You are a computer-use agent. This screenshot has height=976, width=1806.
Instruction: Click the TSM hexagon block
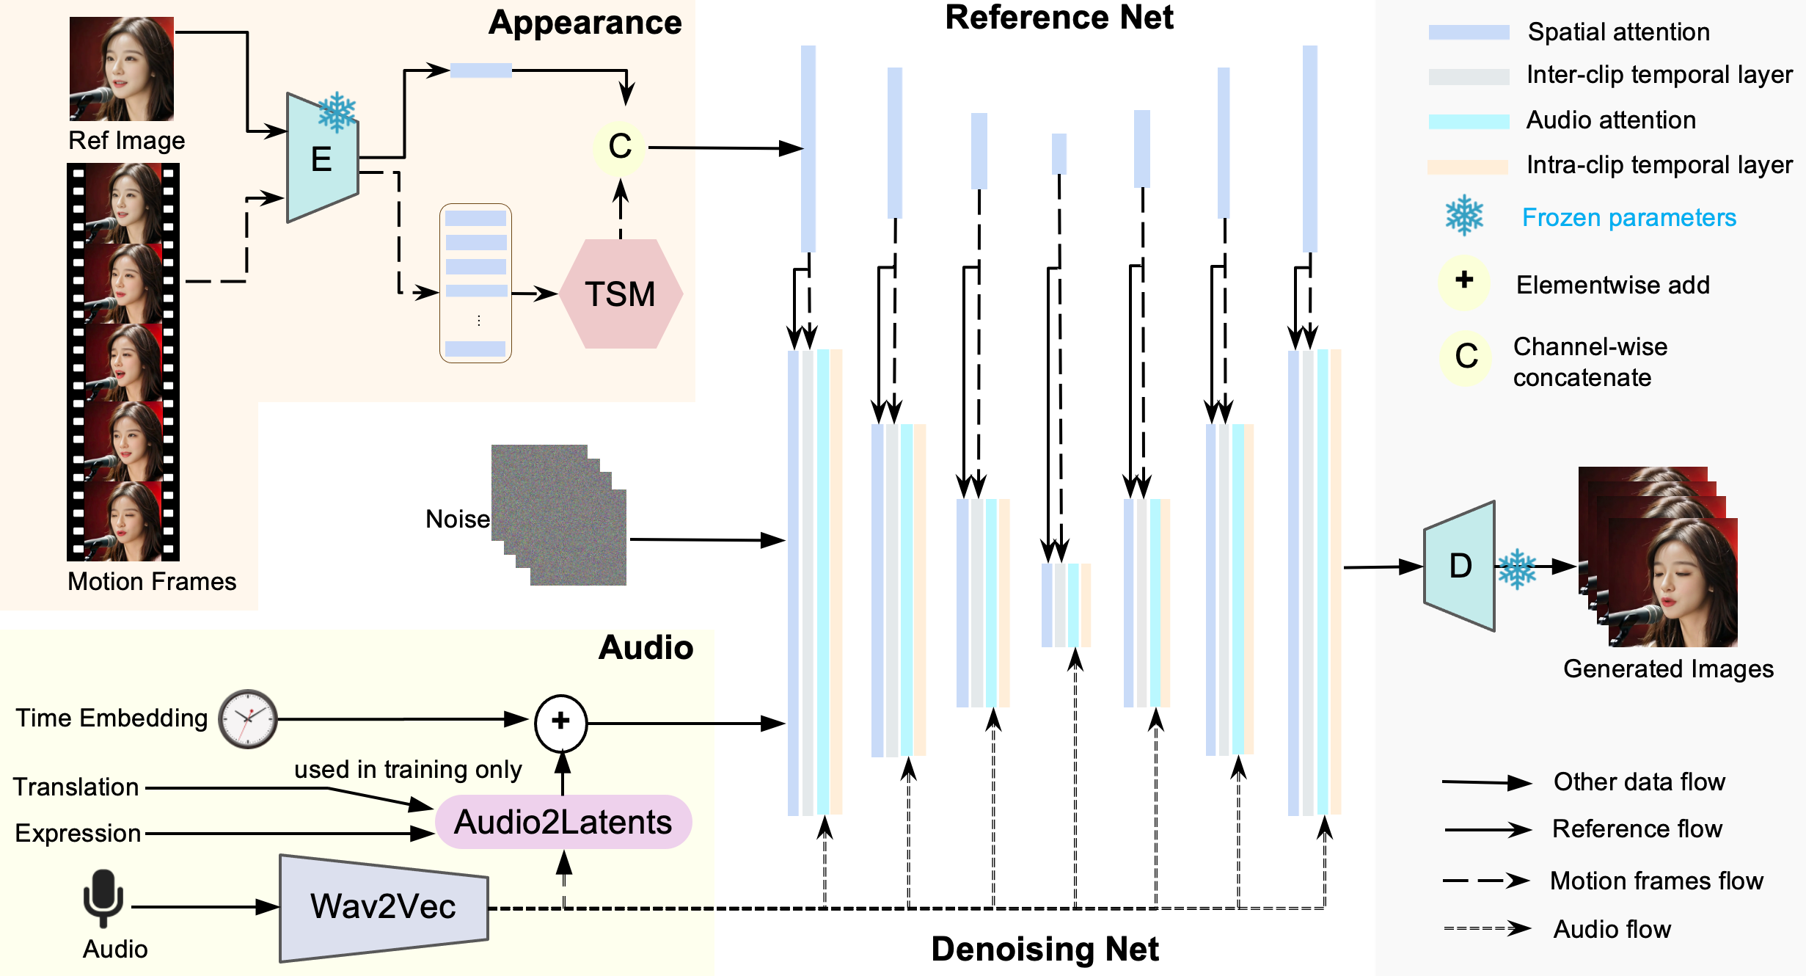[621, 294]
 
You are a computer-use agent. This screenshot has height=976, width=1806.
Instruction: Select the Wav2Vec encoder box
[384, 908]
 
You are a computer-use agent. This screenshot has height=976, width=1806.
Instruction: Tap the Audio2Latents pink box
[563, 822]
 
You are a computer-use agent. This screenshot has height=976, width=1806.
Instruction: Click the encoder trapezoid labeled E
[323, 157]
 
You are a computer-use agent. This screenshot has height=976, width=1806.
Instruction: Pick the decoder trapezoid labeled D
[1460, 566]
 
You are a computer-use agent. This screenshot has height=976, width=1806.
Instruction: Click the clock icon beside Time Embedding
[248, 719]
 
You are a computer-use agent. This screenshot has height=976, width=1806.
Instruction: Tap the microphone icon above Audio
[103, 898]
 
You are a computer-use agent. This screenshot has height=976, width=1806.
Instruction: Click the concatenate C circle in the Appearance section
[620, 148]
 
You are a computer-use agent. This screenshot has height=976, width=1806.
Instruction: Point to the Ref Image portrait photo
[122, 69]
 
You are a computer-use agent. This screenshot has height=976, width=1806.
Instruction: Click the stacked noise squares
[559, 515]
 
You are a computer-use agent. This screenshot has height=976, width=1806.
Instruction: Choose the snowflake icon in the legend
[1464, 215]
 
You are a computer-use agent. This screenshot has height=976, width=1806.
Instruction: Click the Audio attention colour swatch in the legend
[1469, 122]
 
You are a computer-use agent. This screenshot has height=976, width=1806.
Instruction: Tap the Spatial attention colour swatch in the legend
[1469, 32]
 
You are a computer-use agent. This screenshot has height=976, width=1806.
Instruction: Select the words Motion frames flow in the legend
[1656, 881]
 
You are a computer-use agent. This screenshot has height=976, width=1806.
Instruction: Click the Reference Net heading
[1059, 18]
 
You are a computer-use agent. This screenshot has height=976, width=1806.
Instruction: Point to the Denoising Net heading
[1045, 949]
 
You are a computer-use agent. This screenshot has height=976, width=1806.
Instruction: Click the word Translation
[76, 787]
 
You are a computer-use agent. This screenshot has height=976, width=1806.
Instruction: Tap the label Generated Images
[1668, 669]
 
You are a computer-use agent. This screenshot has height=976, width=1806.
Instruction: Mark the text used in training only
[408, 769]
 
